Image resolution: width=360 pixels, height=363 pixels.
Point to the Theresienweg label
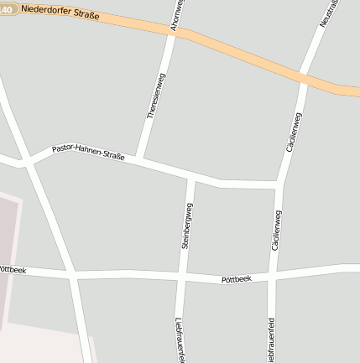[x=156, y=96]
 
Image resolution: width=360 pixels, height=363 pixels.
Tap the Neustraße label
[x=329, y=13]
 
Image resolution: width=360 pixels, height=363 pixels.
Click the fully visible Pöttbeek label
[x=236, y=278]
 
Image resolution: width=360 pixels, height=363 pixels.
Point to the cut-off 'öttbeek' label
[x=13, y=270]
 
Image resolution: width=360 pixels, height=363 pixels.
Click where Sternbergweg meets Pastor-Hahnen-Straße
[x=192, y=177]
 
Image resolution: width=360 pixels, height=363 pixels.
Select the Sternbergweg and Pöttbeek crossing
[x=182, y=276]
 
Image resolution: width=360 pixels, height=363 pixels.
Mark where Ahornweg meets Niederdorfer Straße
[x=177, y=32]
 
